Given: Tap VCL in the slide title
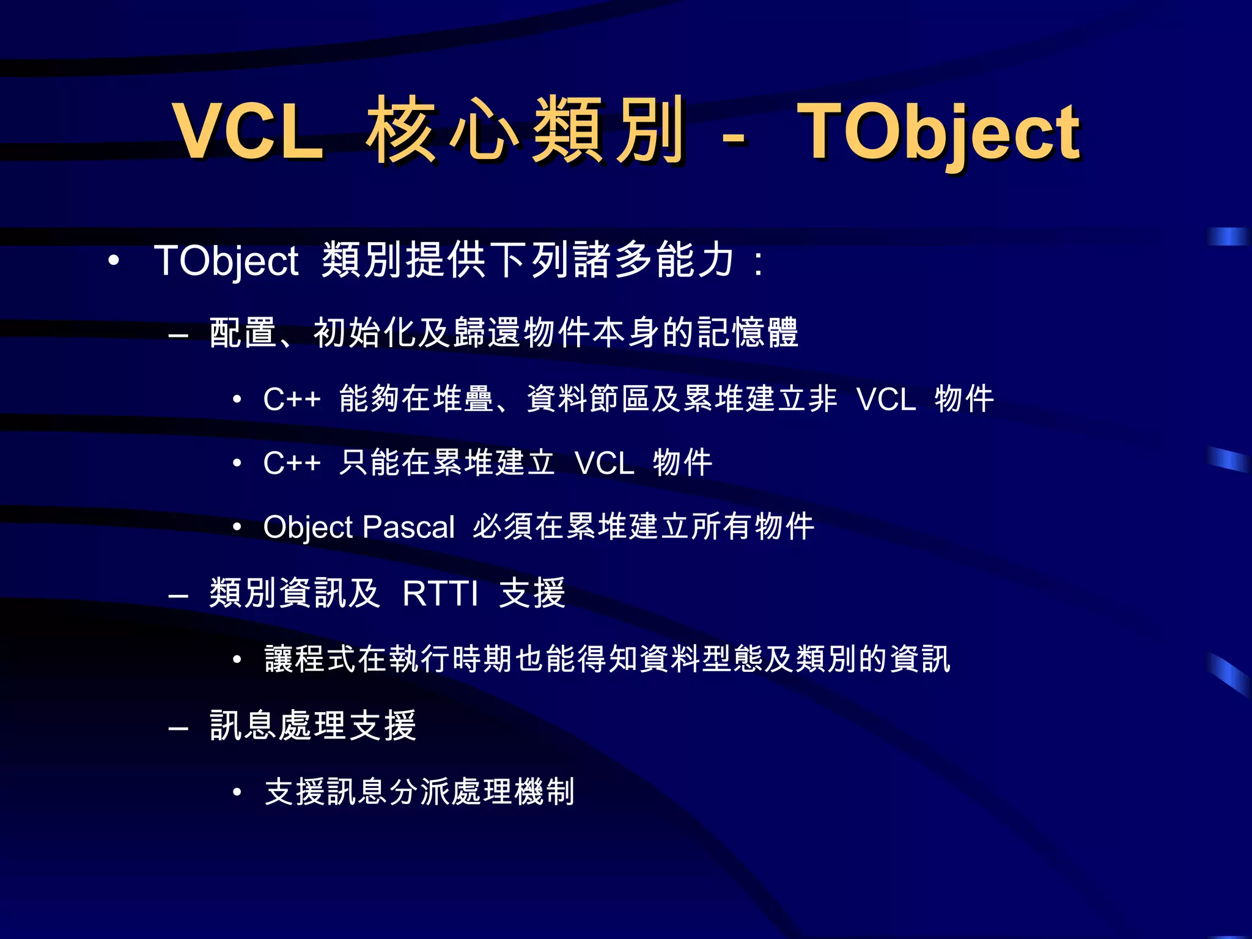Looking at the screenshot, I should pyautogui.click(x=248, y=131).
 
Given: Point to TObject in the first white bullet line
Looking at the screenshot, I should pyautogui.click(x=226, y=261).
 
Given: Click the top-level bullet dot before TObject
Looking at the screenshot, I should pyautogui.click(x=113, y=260).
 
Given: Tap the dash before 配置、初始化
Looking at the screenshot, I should pyautogui.click(x=178, y=336).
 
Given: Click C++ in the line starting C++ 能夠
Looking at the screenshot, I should pyautogui.click(x=292, y=400).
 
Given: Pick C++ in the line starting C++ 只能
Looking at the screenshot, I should pyautogui.click(x=292, y=463).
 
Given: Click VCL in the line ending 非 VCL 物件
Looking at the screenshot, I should pyautogui.click(x=886, y=400).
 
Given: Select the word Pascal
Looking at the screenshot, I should pyautogui.click(x=409, y=527).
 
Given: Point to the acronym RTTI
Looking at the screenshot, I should pyautogui.click(x=440, y=594).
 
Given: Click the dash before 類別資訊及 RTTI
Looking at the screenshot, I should pyautogui.click(x=178, y=595).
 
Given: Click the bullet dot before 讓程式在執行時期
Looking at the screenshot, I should pyautogui.click(x=237, y=660).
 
